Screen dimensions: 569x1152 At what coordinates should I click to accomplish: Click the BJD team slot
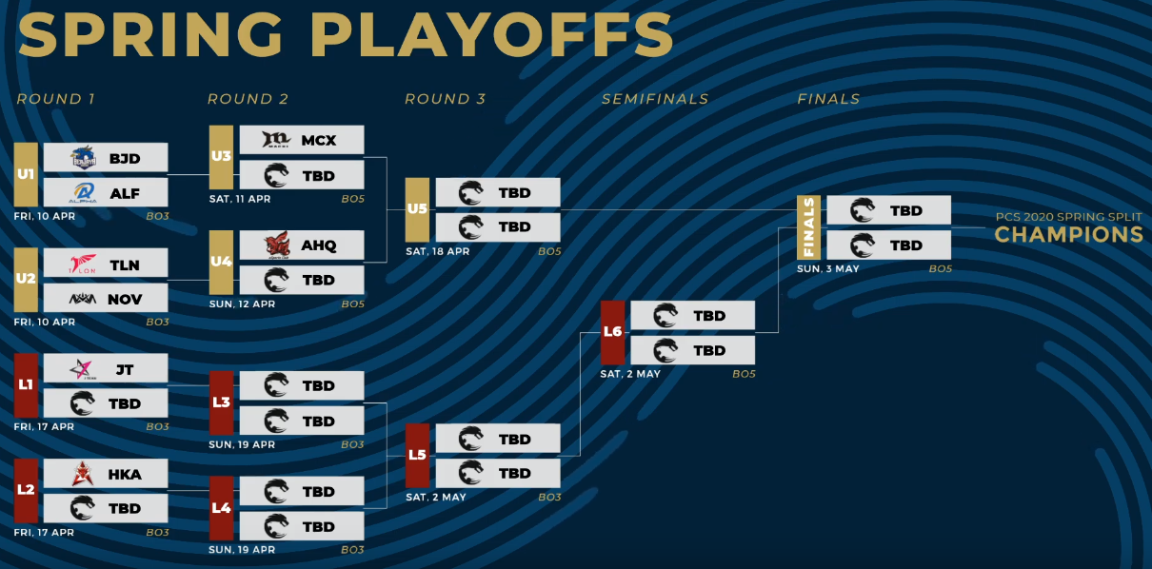106,158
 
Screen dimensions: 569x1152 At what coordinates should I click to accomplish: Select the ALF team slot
106,193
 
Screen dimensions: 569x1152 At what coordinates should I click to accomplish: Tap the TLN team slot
106,264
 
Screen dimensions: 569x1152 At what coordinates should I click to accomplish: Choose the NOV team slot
106,299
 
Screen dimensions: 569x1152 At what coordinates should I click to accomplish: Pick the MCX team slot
301,140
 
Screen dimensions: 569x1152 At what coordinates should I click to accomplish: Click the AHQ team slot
301,245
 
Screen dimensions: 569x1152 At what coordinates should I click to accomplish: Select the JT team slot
106,368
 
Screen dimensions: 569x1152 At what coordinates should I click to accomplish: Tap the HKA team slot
106,474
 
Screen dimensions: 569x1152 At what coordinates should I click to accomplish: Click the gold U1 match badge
26,175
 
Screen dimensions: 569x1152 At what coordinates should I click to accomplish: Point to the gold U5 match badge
417,209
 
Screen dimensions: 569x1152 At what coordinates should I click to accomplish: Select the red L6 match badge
612,332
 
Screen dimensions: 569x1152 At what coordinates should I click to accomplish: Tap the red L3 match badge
221,402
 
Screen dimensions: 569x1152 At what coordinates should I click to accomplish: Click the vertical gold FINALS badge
808,227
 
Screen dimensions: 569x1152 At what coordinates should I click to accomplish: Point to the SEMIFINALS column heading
655,99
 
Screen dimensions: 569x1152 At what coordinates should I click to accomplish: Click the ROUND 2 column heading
248,99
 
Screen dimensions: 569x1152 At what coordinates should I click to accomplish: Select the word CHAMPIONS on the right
1068,235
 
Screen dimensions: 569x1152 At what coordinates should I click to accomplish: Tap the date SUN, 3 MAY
827,269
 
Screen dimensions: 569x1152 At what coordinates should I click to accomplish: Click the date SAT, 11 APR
240,199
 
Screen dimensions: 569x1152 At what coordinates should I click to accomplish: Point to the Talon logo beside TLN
83,264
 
